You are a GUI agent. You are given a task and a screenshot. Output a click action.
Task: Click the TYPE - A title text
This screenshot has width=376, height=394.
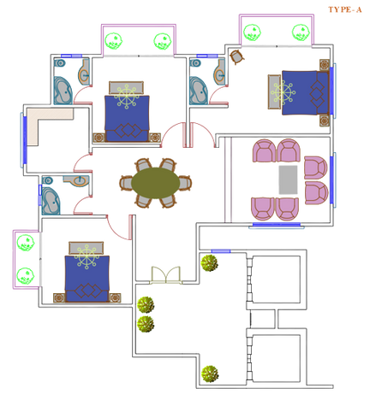pyautogui.click(x=345, y=9)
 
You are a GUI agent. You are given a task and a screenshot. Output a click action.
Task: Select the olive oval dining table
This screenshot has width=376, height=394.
pyautogui.click(x=156, y=183)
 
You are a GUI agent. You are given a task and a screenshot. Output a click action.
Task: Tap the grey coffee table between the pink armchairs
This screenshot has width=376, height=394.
pyautogui.click(x=288, y=180)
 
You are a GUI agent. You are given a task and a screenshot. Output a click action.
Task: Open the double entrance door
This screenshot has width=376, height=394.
pyautogui.click(x=166, y=275)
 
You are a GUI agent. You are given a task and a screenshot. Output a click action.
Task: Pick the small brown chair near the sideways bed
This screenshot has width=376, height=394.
pyautogui.click(x=237, y=57)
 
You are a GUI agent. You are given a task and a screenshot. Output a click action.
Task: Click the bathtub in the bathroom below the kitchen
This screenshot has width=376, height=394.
pyautogui.click(x=51, y=201)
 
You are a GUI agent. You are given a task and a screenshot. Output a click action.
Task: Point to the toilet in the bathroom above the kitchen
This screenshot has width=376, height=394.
pyautogui.click(x=60, y=62)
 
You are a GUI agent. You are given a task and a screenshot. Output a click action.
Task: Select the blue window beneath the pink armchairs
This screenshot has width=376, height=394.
pyautogui.click(x=277, y=225)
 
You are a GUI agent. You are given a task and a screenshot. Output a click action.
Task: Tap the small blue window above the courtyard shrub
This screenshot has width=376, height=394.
pyautogui.click(x=221, y=251)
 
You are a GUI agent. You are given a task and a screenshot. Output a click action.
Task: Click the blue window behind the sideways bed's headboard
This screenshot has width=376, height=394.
pyautogui.click(x=331, y=91)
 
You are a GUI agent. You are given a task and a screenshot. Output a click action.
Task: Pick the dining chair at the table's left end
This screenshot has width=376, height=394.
pyautogui.click(x=126, y=183)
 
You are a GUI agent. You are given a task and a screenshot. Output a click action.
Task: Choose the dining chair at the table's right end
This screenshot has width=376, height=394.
pyautogui.click(x=186, y=183)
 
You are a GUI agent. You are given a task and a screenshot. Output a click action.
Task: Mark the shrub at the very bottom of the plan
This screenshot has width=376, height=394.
pyautogui.click(x=210, y=373)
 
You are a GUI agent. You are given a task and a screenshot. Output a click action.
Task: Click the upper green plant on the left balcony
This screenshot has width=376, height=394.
pyautogui.click(x=26, y=243)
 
